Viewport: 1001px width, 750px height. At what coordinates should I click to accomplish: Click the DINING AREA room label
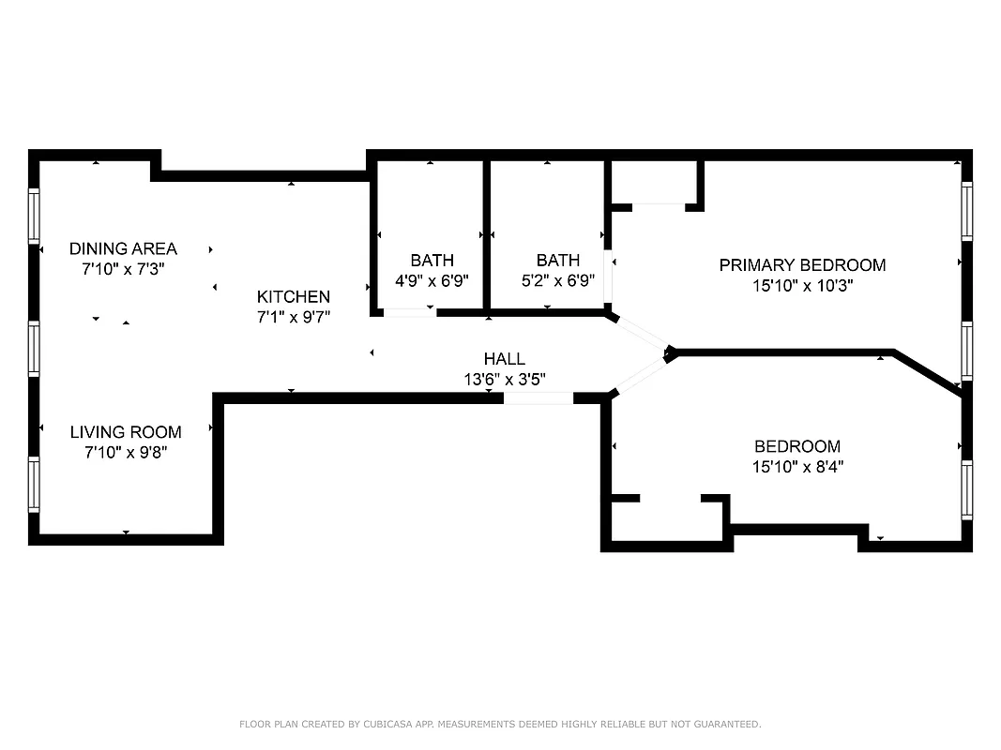click(123, 248)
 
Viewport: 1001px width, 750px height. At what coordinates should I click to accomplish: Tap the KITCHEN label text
click(294, 296)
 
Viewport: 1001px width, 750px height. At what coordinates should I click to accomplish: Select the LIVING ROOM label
click(126, 432)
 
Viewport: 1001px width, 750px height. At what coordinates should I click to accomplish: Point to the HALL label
click(504, 358)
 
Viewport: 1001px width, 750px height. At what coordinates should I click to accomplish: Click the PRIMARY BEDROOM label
click(802, 265)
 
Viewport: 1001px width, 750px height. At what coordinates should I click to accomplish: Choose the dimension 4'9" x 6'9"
click(432, 279)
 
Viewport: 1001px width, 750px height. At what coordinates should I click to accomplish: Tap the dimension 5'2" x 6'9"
click(557, 279)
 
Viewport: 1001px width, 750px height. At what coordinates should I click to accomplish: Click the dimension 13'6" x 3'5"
click(504, 379)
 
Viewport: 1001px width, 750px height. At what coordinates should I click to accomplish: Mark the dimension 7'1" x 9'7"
click(294, 317)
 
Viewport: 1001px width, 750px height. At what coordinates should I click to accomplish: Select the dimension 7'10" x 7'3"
click(123, 269)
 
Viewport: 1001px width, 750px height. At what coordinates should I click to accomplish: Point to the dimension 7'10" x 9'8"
click(126, 452)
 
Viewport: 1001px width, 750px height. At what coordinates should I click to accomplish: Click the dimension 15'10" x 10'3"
click(802, 286)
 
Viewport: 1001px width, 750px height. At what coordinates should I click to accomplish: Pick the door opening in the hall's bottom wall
click(538, 398)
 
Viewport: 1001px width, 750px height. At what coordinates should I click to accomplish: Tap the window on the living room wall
click(34, 485)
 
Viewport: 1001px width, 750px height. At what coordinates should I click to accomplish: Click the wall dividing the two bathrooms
click(486, 234)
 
